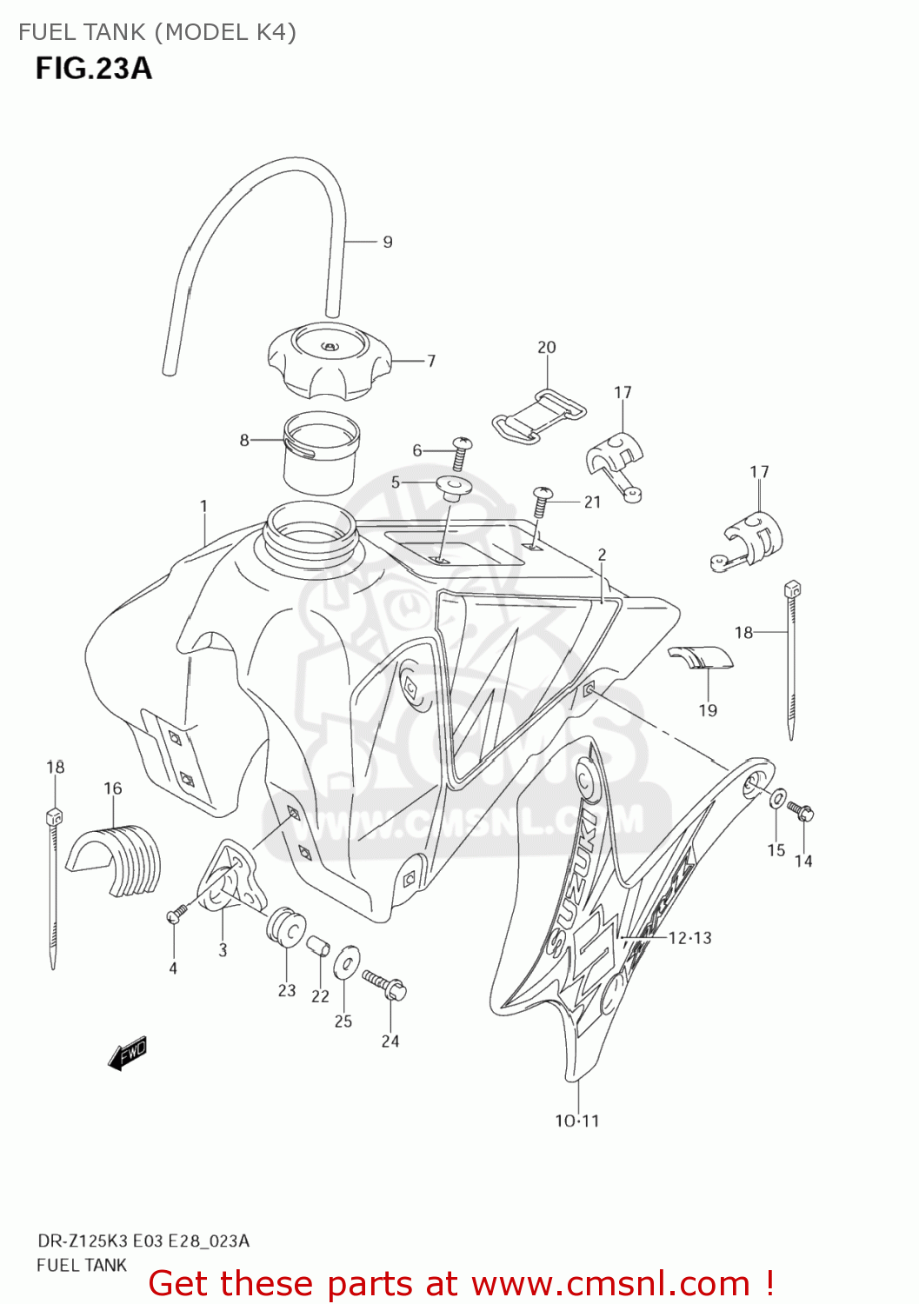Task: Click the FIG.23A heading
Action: [x=94, y=68]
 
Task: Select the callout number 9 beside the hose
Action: [x=388, y=242]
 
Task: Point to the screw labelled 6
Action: [x=461, y=450]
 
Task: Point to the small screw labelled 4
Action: [x=176, y=914]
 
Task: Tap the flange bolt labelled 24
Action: [x=386, y=984]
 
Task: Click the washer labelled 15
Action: [x=778, y=797]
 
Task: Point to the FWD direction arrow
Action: [x=127, y=1053]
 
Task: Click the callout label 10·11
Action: [x=577, y=1121]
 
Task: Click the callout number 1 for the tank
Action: [x=203, y=506]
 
